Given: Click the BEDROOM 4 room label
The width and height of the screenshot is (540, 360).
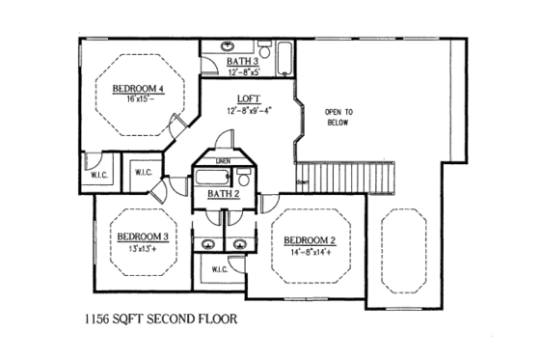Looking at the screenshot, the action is [139, 89].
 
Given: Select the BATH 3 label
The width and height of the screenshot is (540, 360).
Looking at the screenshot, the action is [243, 62].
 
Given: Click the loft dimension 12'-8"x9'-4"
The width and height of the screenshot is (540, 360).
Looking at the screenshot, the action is [248, 110].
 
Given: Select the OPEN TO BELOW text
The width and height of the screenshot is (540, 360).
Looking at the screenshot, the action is [337, 118].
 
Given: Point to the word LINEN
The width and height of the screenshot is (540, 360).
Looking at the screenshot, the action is [223, 161].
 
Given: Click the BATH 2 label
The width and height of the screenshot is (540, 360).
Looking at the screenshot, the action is [223, 194].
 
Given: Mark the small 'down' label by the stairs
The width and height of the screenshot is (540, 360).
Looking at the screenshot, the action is [303, 182].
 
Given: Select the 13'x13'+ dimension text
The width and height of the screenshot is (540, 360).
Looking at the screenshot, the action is [143, 247].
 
